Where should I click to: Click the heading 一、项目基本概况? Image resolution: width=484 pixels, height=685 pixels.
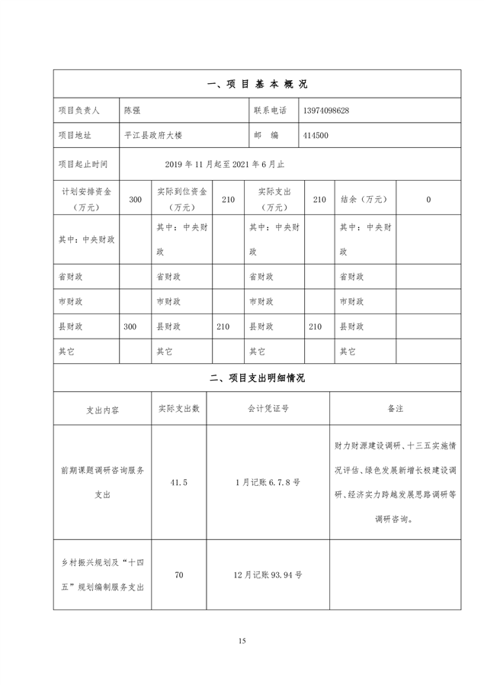click(257, 85)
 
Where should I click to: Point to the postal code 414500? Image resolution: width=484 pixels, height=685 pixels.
click(315, 135)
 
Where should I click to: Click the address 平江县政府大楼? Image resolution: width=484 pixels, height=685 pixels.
click(152, 135)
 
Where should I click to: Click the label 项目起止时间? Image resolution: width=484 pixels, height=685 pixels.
click(83, 163)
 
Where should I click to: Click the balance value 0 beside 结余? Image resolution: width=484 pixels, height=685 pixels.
click(428, 199)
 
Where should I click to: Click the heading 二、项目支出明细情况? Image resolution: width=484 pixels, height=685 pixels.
click(257, 378)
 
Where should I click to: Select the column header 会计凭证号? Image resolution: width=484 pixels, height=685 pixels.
click(268, 409)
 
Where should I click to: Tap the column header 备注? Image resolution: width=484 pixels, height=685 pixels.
click(395, 409)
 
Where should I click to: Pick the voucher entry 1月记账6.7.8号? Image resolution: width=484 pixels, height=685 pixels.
click(268, 483)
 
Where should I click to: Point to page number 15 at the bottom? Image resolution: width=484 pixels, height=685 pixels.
click(242, 641)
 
